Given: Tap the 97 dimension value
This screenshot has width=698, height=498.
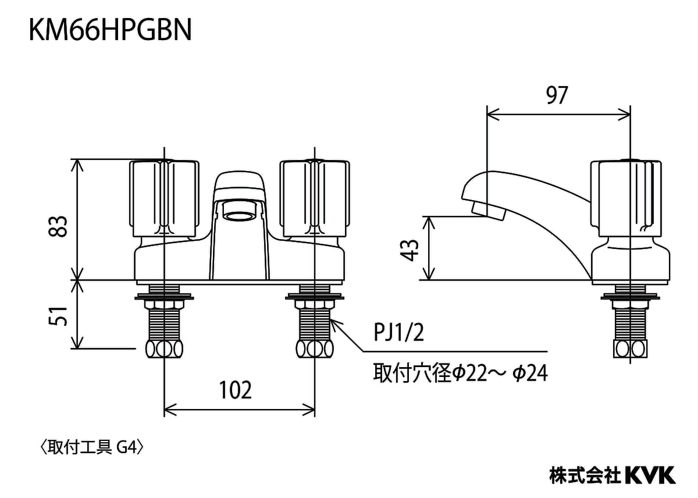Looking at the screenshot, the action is click(557, 95).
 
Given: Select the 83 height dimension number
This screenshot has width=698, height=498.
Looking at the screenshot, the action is click(58, 226).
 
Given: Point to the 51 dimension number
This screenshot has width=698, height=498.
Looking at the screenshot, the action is click(58, 316).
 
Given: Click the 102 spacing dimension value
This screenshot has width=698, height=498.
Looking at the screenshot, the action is click(235, 390).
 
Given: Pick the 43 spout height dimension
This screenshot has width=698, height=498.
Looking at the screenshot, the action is click(409, 250).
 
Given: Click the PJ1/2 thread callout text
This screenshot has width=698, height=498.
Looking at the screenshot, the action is click(398, 333).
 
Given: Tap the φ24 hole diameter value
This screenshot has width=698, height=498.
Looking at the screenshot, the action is click(530, 373).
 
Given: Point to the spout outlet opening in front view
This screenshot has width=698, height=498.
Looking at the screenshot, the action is click(239, 216).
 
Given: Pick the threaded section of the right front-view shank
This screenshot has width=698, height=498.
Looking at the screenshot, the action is click(315, 325).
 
